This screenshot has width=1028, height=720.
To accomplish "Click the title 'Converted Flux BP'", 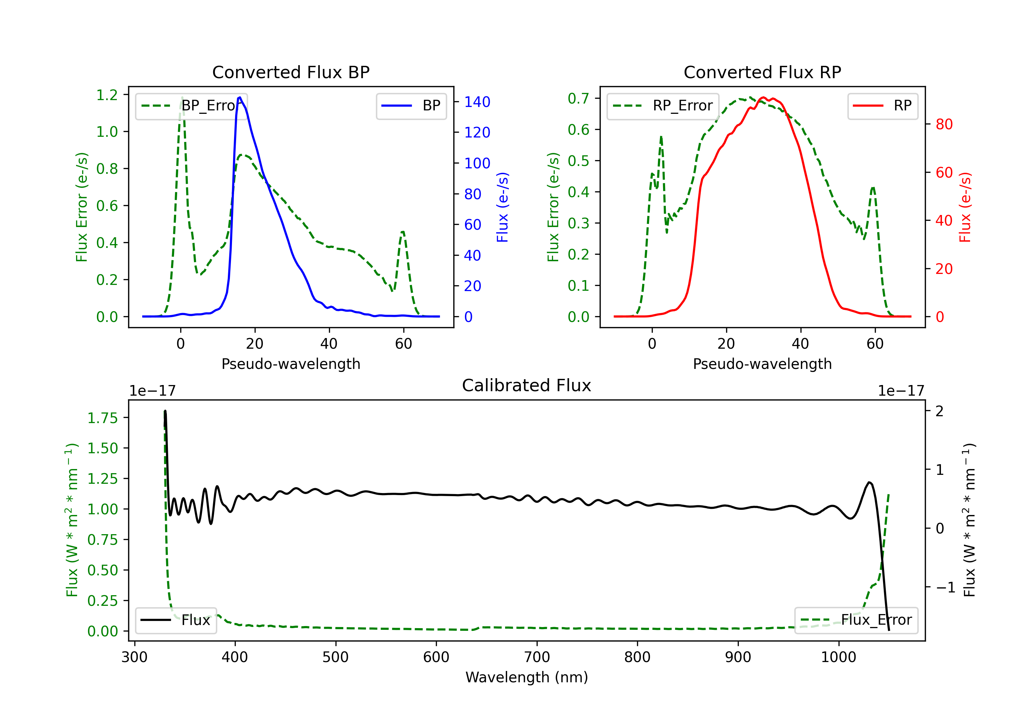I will pos(291,72).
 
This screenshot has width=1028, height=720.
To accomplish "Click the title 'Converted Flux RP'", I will pos(762,72).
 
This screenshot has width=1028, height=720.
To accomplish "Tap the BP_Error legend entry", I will pos(192,106).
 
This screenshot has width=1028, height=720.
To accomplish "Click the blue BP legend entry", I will pos(411,106).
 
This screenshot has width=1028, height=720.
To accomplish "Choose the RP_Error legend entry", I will pos(663,106).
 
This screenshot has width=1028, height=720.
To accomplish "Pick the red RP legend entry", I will pos(882,106).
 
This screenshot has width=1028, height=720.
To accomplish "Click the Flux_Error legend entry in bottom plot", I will pos(856,620).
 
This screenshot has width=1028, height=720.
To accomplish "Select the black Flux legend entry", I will pos(175,620).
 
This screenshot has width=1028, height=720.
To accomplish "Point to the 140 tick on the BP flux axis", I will pos(477,102).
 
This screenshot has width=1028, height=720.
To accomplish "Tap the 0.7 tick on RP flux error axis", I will pos(578,98).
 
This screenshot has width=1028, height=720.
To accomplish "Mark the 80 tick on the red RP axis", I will pos(944,124).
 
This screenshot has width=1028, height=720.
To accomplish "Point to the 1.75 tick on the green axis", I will pos(102,418).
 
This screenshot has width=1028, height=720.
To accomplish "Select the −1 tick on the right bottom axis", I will pos(945,587).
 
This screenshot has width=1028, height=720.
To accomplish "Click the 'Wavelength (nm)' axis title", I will pos(527,677).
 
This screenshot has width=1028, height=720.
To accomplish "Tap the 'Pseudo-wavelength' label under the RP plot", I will pos(762,364).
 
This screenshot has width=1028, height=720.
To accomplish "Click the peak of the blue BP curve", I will pos(240,97).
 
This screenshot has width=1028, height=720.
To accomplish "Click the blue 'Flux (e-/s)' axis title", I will pos(502,207).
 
